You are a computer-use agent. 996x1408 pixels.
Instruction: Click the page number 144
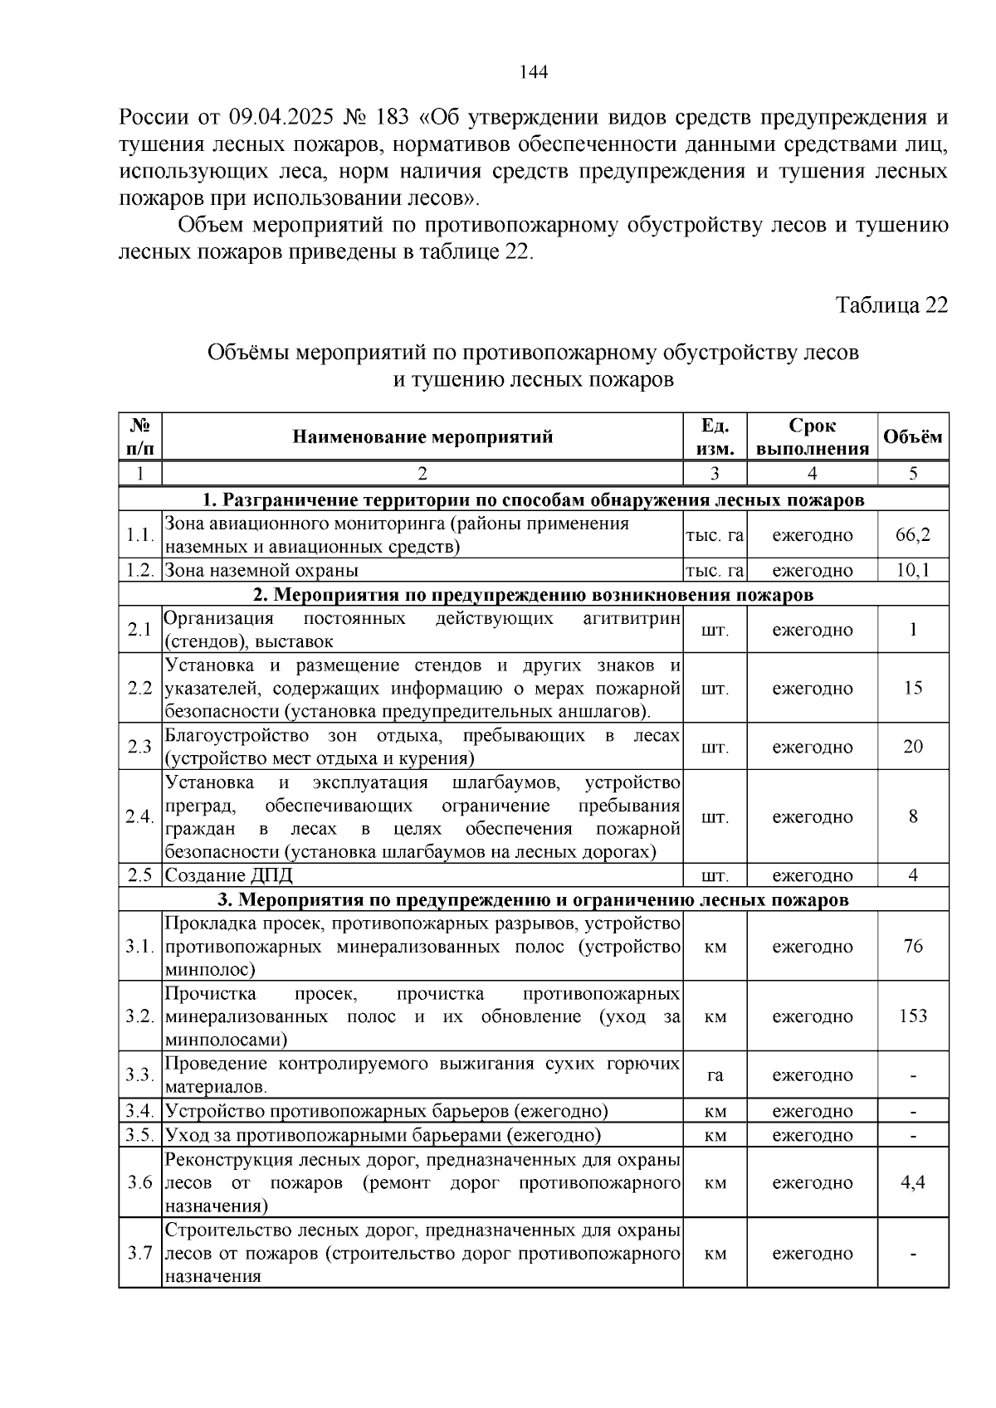pos(533,72)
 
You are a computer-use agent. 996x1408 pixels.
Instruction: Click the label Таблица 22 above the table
pos(891,305)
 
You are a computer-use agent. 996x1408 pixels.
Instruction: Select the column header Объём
pos(913,436)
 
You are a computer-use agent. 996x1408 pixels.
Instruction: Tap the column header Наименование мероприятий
pos(422,436)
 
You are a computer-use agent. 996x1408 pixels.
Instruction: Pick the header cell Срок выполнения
pos(812,437)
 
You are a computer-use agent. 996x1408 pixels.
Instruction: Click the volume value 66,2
pos(913,535)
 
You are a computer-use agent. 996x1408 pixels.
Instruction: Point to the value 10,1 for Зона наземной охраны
pos(913,570)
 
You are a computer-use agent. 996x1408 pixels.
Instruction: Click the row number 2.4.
pos(139,816)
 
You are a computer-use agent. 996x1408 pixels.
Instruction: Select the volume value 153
pos(913,1016)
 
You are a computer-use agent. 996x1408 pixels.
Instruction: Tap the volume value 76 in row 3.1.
pos(913,946)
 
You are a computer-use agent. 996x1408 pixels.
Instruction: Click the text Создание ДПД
pos(228,875)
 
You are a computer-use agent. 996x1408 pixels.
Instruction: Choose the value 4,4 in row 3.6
pos(913,1182)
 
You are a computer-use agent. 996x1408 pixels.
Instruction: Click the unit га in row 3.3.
pos(715,1075)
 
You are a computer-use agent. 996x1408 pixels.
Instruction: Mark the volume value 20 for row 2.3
pos(913,747)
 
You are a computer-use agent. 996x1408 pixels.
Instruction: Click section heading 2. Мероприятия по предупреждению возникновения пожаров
pos(533,594)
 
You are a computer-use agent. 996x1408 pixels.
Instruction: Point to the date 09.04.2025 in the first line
pos(287,117)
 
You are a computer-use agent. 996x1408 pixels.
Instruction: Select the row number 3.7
pos(139,1253)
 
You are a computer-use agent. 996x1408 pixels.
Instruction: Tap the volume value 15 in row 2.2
pos(913,689)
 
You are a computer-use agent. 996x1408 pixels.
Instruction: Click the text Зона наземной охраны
pos(261,570)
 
